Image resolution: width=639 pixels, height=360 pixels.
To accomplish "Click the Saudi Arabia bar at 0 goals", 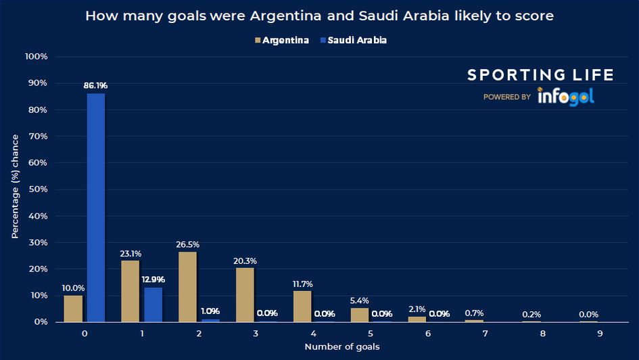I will pyautogui.click(x=95, y=208).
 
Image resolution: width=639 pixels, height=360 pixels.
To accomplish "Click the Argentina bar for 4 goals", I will pyautogui.click(x=302, y=307).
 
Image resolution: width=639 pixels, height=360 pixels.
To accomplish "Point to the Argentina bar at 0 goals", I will pyautogui.click(x=73, y=309).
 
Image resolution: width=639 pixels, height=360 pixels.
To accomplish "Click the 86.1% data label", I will pyautogui.click(x=95, y=85).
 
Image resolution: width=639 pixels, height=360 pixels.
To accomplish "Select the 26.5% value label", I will pyautogui.click(x=188, y=244).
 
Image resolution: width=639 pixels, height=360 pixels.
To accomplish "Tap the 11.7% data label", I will pyautogui.click(x=302, y=284).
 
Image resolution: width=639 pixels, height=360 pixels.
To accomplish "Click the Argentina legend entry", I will pyautogui.click(x=281, y=41).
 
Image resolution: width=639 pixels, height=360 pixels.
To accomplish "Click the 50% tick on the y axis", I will pyautogui.click(x=37, y=189).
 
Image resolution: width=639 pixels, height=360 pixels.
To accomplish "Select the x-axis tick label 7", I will pyautogui.click(x=486, y=334).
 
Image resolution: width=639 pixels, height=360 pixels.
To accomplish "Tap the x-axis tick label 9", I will pyautogui.click(x=600, y=334).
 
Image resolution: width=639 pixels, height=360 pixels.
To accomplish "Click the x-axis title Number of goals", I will pyautogui.click(x=341, y=347).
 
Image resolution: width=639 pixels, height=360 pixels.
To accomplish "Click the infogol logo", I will pyautogui.click(x=566, y=97).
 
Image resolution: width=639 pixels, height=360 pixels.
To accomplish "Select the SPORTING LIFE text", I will pyautogui.click(x=540, y=75).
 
